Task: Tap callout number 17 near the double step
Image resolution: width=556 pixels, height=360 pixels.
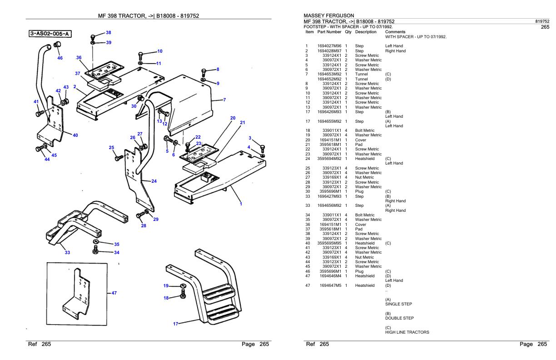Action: click(176, 324)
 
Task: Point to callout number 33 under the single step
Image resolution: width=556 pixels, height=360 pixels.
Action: click(67, 253)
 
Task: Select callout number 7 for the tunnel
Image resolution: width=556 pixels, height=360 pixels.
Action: click(224, 100)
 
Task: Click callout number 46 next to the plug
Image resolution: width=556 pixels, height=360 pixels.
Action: click(60, 58)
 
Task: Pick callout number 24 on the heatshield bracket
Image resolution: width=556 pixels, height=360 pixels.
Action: click(154, 181)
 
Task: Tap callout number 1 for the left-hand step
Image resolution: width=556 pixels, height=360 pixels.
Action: click(241, 204)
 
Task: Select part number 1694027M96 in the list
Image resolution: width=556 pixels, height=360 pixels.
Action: click(329, 46)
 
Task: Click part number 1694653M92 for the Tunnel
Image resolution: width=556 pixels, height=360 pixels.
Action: click(329, 74)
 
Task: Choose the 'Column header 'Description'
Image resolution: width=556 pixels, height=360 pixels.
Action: click(366, 32)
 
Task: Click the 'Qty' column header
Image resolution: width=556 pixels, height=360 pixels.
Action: click(348, 32)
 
